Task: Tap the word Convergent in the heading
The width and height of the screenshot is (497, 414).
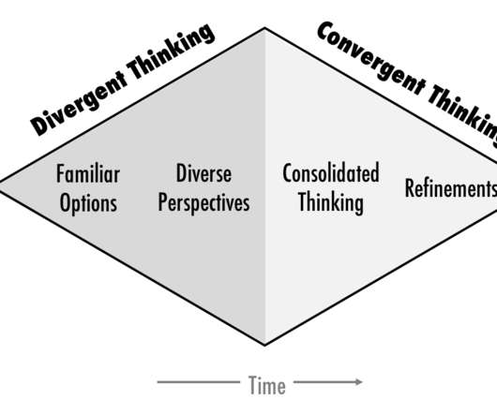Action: point(371,60)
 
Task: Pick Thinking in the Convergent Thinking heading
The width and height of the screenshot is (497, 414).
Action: point(462,115)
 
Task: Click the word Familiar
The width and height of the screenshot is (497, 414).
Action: point(88,173)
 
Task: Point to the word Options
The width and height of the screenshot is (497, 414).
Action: point(88,203)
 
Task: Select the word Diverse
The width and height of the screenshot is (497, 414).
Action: point(203,173)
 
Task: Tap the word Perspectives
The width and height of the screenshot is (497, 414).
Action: point(203,202)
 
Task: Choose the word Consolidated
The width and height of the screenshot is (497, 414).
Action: point(331,172)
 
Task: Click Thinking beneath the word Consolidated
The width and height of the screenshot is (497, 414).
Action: point(331,203)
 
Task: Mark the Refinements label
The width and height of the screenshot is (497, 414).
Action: point(451,188)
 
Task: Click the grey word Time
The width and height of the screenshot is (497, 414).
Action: point(267,385)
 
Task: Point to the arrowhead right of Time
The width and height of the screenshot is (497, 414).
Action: point(358,382)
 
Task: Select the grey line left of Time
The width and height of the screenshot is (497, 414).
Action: point(199,382)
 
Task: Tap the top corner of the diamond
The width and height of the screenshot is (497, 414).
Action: point(265,28)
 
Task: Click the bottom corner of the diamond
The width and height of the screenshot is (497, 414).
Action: point(265,345)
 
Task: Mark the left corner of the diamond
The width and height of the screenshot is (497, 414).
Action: point(1,186)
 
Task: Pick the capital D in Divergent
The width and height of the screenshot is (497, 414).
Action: point(40,126)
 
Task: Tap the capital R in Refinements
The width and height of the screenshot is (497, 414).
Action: point(410,188)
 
